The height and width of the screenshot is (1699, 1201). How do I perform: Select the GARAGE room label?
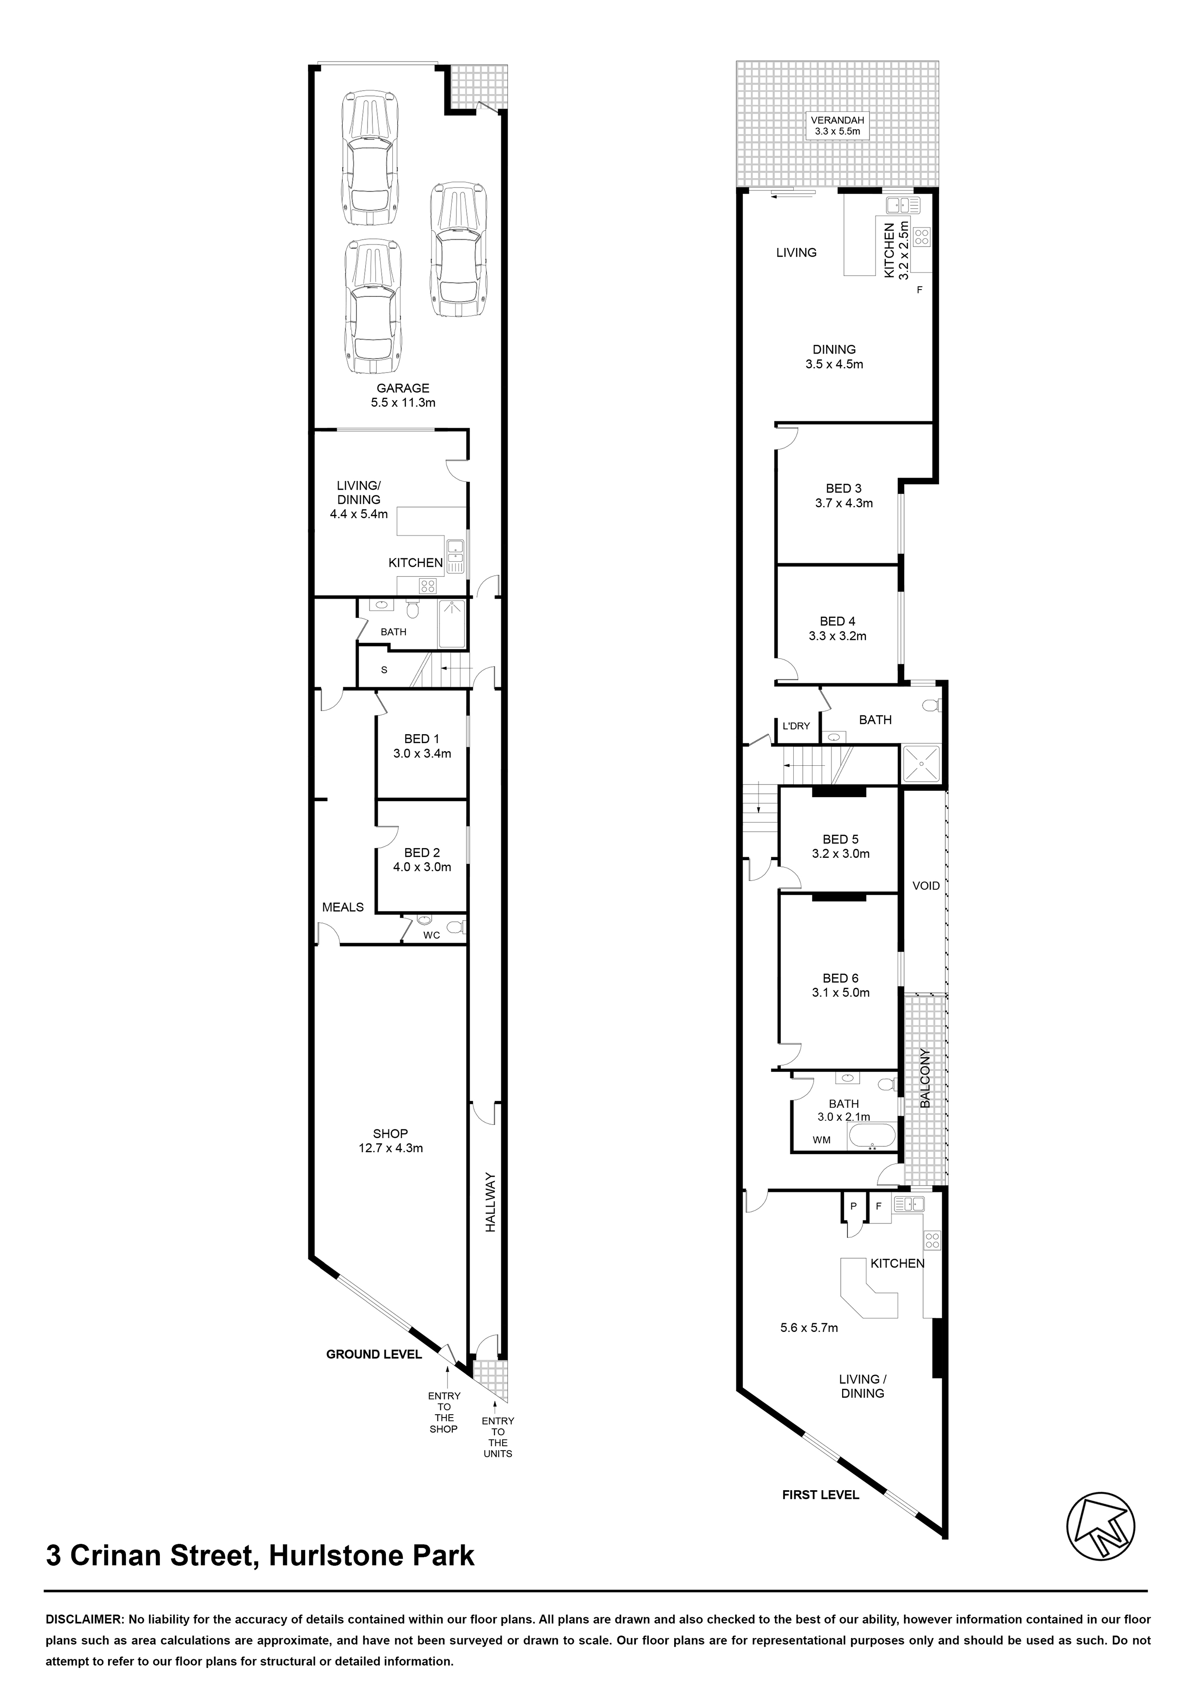pos(403,388)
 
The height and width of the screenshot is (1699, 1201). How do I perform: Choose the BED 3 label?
pos(844,488)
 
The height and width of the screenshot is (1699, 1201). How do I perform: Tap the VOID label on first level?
pos(926,886)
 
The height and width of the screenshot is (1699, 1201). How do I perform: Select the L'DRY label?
pos(796,726)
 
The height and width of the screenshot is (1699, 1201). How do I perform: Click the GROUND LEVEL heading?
pos(374,1354)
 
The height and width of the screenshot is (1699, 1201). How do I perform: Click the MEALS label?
pos(342,907)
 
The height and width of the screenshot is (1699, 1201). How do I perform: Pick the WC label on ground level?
pos(431,935)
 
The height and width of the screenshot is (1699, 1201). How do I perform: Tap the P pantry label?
pos(853,1206)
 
